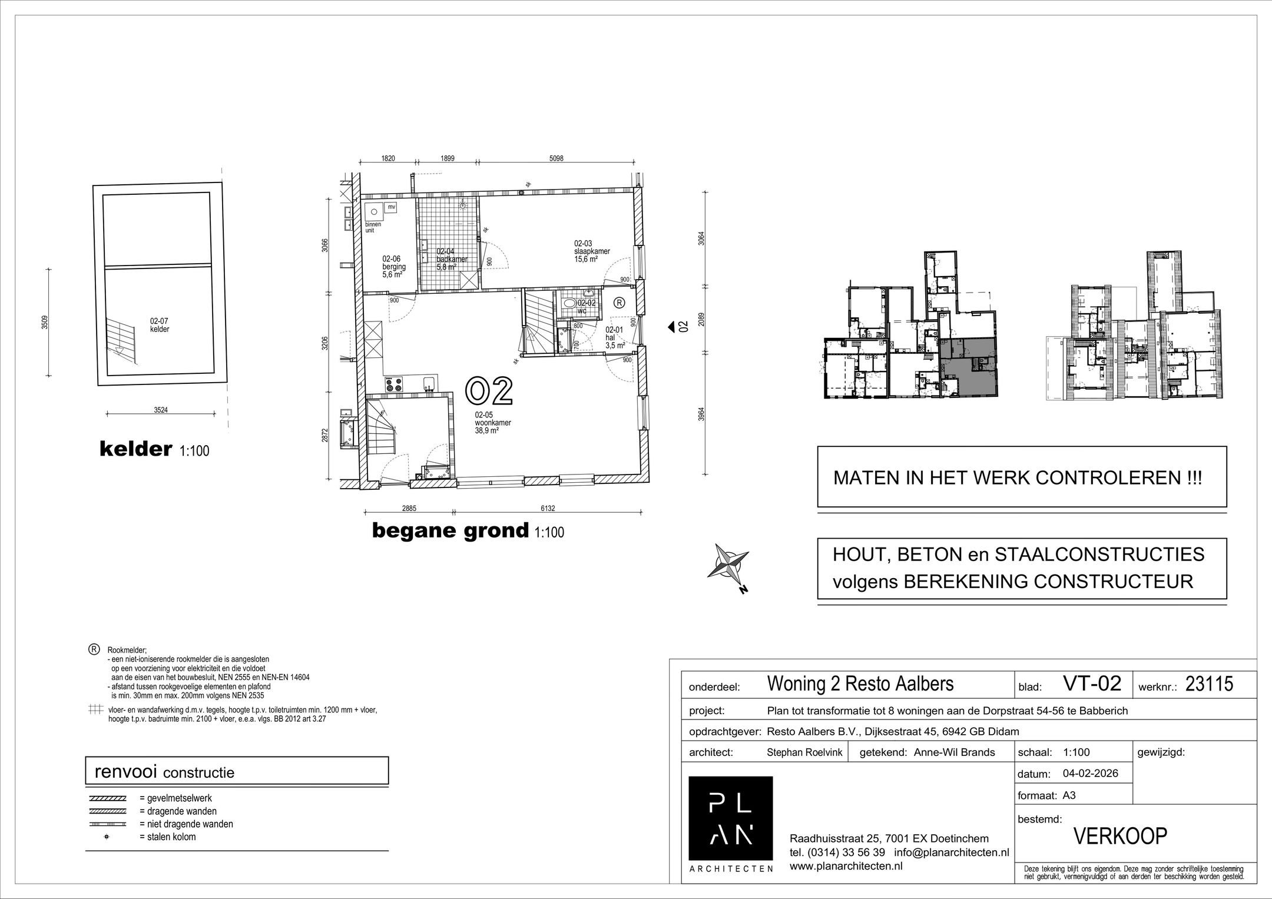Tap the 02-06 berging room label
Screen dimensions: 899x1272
point(392,266)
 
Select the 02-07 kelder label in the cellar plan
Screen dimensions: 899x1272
point(160,325)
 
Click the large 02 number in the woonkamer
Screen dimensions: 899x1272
point(489,392)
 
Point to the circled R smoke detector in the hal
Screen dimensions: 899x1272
point(619,303)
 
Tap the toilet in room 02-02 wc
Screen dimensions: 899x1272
point(569,303)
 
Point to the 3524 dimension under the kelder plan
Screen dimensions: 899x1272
point(161,410)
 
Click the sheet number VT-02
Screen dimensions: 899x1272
point(1092,684)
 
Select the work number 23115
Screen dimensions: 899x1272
point(1208,684)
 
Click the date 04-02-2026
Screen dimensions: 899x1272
point(1090,773)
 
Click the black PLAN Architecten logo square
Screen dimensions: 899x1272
point(730,818)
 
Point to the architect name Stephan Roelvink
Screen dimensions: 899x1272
point(804,752)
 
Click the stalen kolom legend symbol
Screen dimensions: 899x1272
point(107,837)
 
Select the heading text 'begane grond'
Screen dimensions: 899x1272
point(450,531)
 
